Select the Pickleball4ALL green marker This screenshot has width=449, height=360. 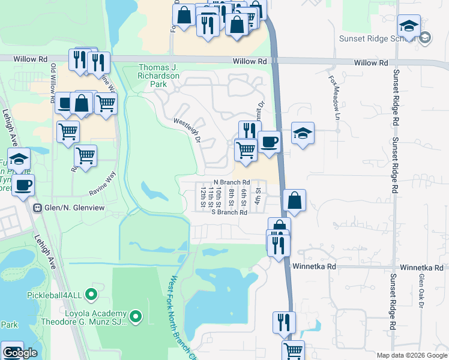(91, 295)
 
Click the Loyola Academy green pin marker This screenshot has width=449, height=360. (136, 315)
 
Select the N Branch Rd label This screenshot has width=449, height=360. (232, 182)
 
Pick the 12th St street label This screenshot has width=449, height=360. (203, 197)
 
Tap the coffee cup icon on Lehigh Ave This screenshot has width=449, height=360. (23, 185)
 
